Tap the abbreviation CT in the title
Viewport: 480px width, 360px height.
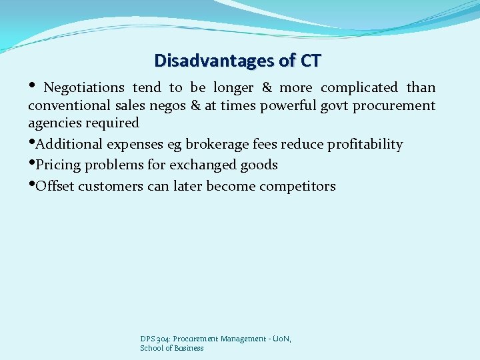tap(310, 61)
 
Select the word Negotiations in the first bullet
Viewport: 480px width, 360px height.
tap(83, 87)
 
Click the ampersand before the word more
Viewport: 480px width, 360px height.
tap(267, 87)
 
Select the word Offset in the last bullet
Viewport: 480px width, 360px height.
tap(55, 186)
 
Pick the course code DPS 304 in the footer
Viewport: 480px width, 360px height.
tap(155, 339)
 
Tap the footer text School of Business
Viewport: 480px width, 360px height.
tap(171, 348)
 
